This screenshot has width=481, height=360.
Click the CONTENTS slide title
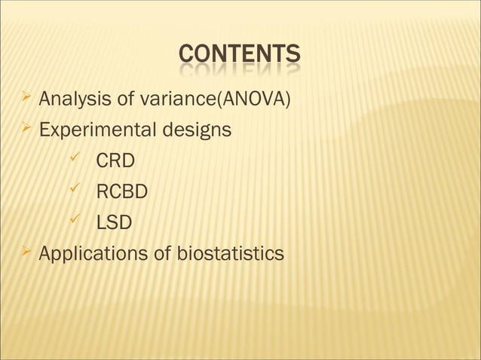[x=240, y=55]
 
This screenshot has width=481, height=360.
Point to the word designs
[x=194, y=130]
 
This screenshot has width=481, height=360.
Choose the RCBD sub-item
[x=121, y=192]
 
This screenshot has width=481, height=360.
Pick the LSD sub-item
[x=114, y=223]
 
